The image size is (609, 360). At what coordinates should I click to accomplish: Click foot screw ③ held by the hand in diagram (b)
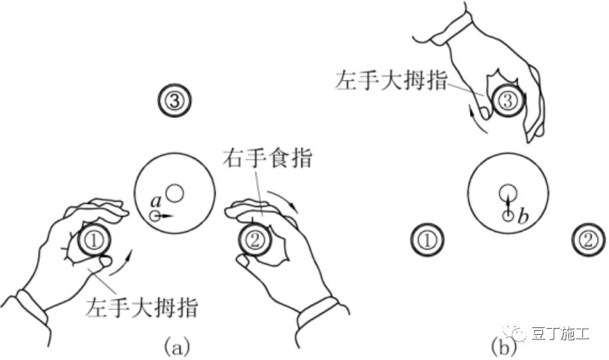(507, 101)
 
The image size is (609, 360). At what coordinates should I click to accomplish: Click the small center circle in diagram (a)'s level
(174, 193)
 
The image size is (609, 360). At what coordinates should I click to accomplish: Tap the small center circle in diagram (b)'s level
(507, 192)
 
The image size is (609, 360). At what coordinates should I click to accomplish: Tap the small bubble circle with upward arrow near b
(507, 214)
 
